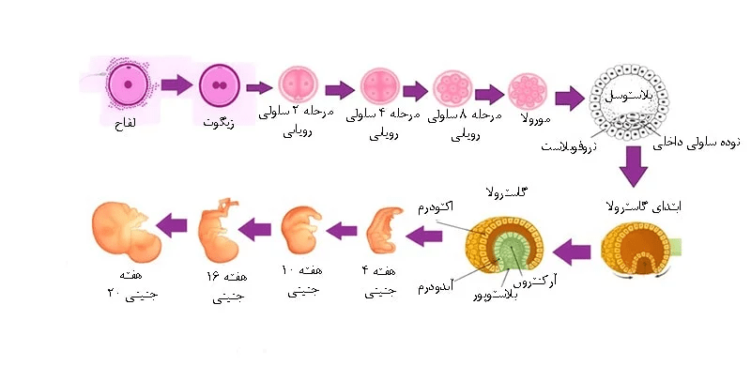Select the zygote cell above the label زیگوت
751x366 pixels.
click(222, 86)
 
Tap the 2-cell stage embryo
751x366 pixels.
click(299, 87)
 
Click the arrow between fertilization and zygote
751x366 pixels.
click(175, 86)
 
